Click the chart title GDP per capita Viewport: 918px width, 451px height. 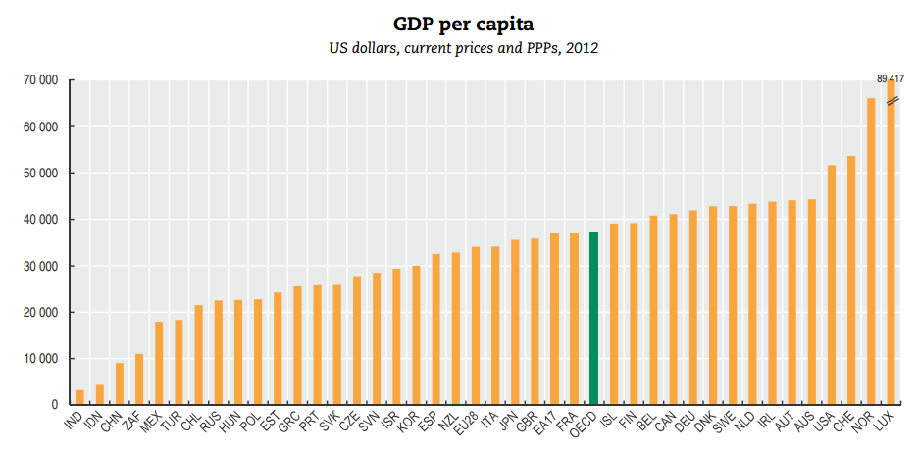[x=459, y=23]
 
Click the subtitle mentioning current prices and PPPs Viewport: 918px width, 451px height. [x=459, y=47]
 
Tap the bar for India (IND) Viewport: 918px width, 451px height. [x=79, y=397]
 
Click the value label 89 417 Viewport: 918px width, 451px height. [x=891, y=78]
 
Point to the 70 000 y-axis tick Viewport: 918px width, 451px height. [x=41, y=80]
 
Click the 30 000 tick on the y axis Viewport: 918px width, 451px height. [x=41, y=266]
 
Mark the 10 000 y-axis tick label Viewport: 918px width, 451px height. [x=41, y=359]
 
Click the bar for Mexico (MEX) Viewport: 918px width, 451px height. [x=159, y=363]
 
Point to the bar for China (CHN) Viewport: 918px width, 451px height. [x=120, y=383]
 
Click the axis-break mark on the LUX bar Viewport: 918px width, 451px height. [x=892, y=101]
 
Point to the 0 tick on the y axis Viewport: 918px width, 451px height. [x=55, y=405]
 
